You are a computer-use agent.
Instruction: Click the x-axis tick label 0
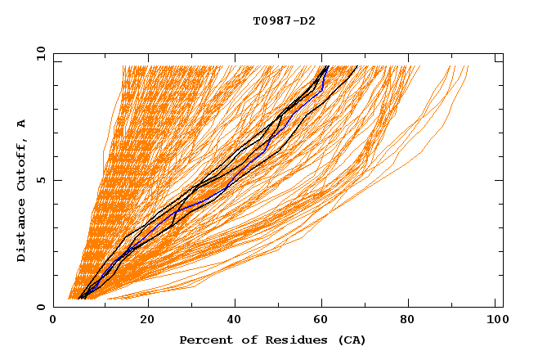tap(53, 320)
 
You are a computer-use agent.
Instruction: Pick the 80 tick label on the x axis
tap(407, 320)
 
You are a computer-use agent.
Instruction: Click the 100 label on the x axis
tap(495, 320)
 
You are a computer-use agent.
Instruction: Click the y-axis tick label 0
tap(41, 307)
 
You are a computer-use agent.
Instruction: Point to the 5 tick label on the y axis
tap(41, 180)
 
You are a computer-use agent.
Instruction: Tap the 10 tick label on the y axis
tap(39, 53)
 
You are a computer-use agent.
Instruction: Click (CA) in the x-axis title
tap(351, 340)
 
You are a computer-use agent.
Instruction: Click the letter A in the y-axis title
tap(22, 124)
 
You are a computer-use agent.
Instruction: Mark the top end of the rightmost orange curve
tap(469, 66)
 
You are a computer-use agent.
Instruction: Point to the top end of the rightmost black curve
tap(357, 66)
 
